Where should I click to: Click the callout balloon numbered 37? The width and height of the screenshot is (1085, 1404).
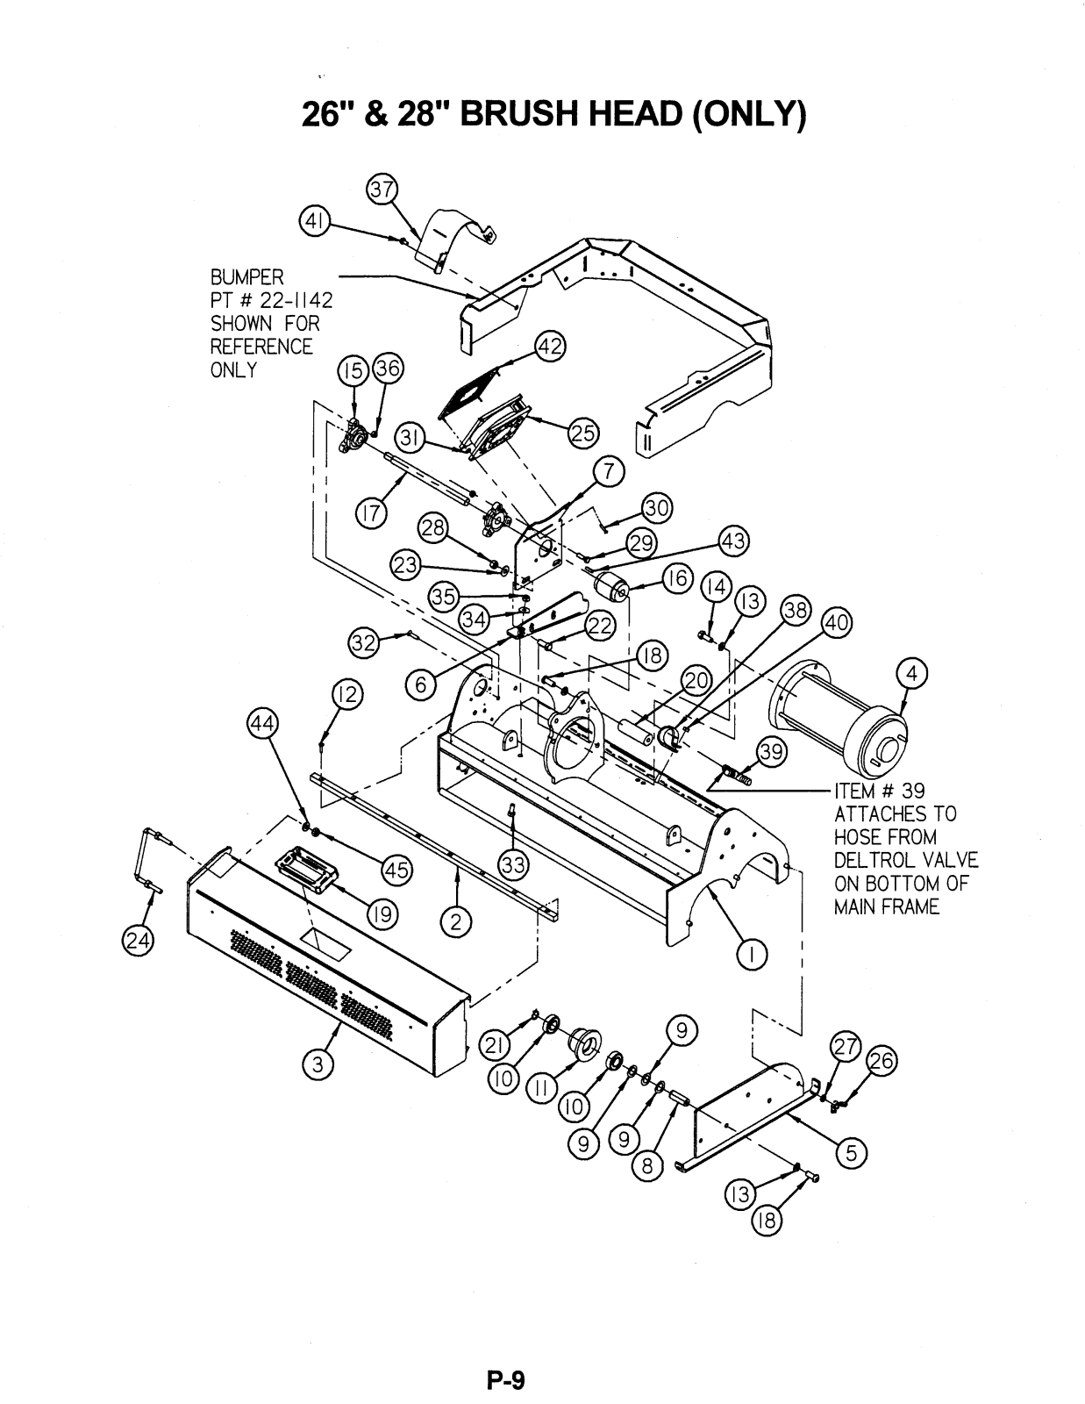(x=382, y=189)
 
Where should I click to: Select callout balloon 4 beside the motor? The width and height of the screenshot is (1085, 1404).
(x=912, y=674)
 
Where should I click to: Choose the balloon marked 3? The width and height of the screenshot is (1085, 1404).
(x=318, y=1064)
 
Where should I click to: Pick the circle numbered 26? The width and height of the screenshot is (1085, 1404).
(x=881, y=1061)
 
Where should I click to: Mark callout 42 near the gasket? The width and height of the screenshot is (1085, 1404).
(x=551, y=346)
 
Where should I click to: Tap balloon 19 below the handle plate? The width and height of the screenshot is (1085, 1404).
(x=380, y=916)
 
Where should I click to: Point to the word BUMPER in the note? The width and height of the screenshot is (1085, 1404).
(x=246, y=277)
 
